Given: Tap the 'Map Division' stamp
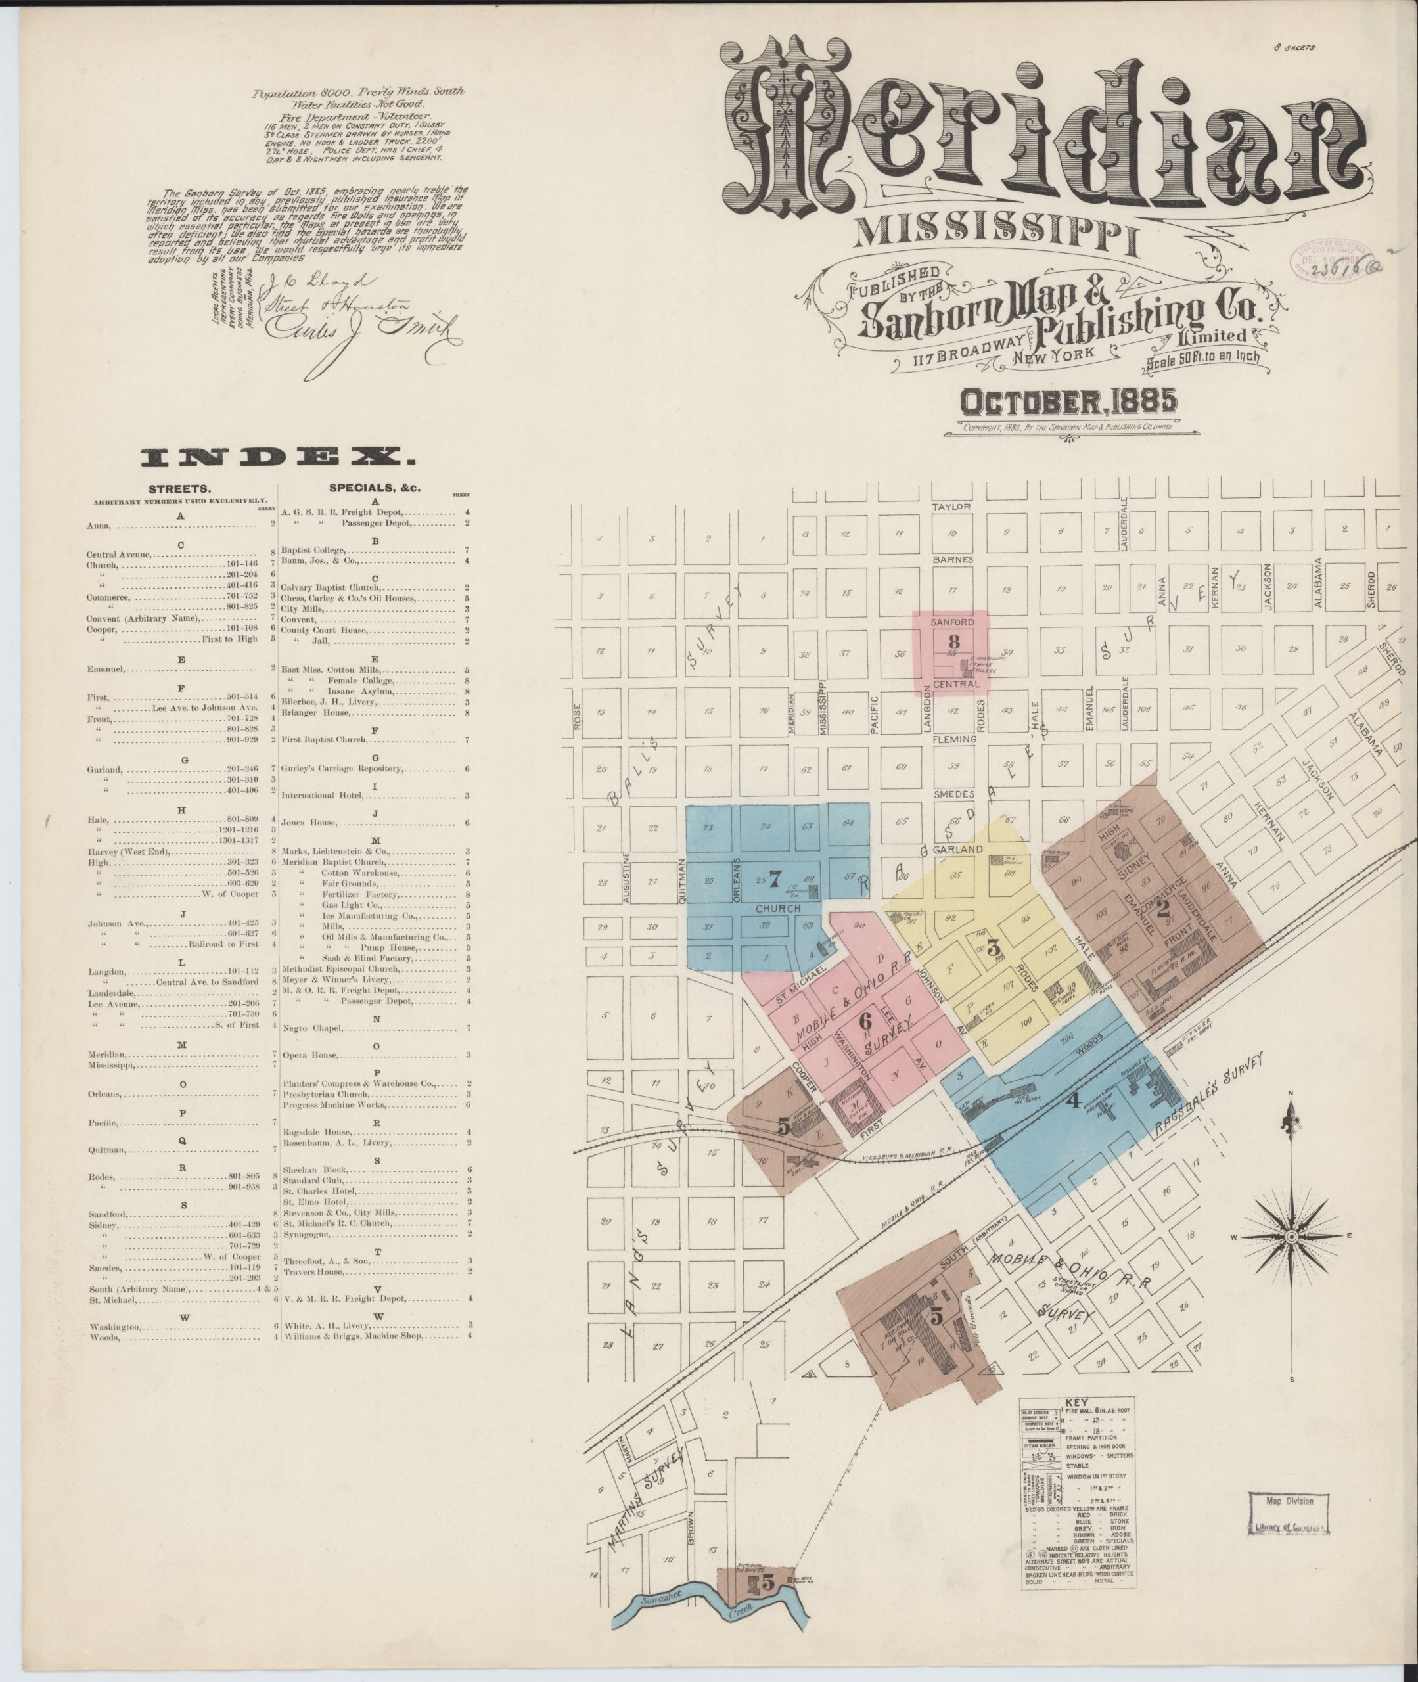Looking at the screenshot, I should (1289, 1501).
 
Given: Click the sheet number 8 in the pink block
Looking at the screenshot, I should (954, 642).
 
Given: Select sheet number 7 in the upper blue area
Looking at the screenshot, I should (775, 880).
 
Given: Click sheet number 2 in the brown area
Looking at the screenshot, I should (1162, 909).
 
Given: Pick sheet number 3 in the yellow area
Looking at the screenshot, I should (993, 947).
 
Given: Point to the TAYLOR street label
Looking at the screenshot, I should (951, 507).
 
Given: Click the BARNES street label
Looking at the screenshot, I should (953, 559).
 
